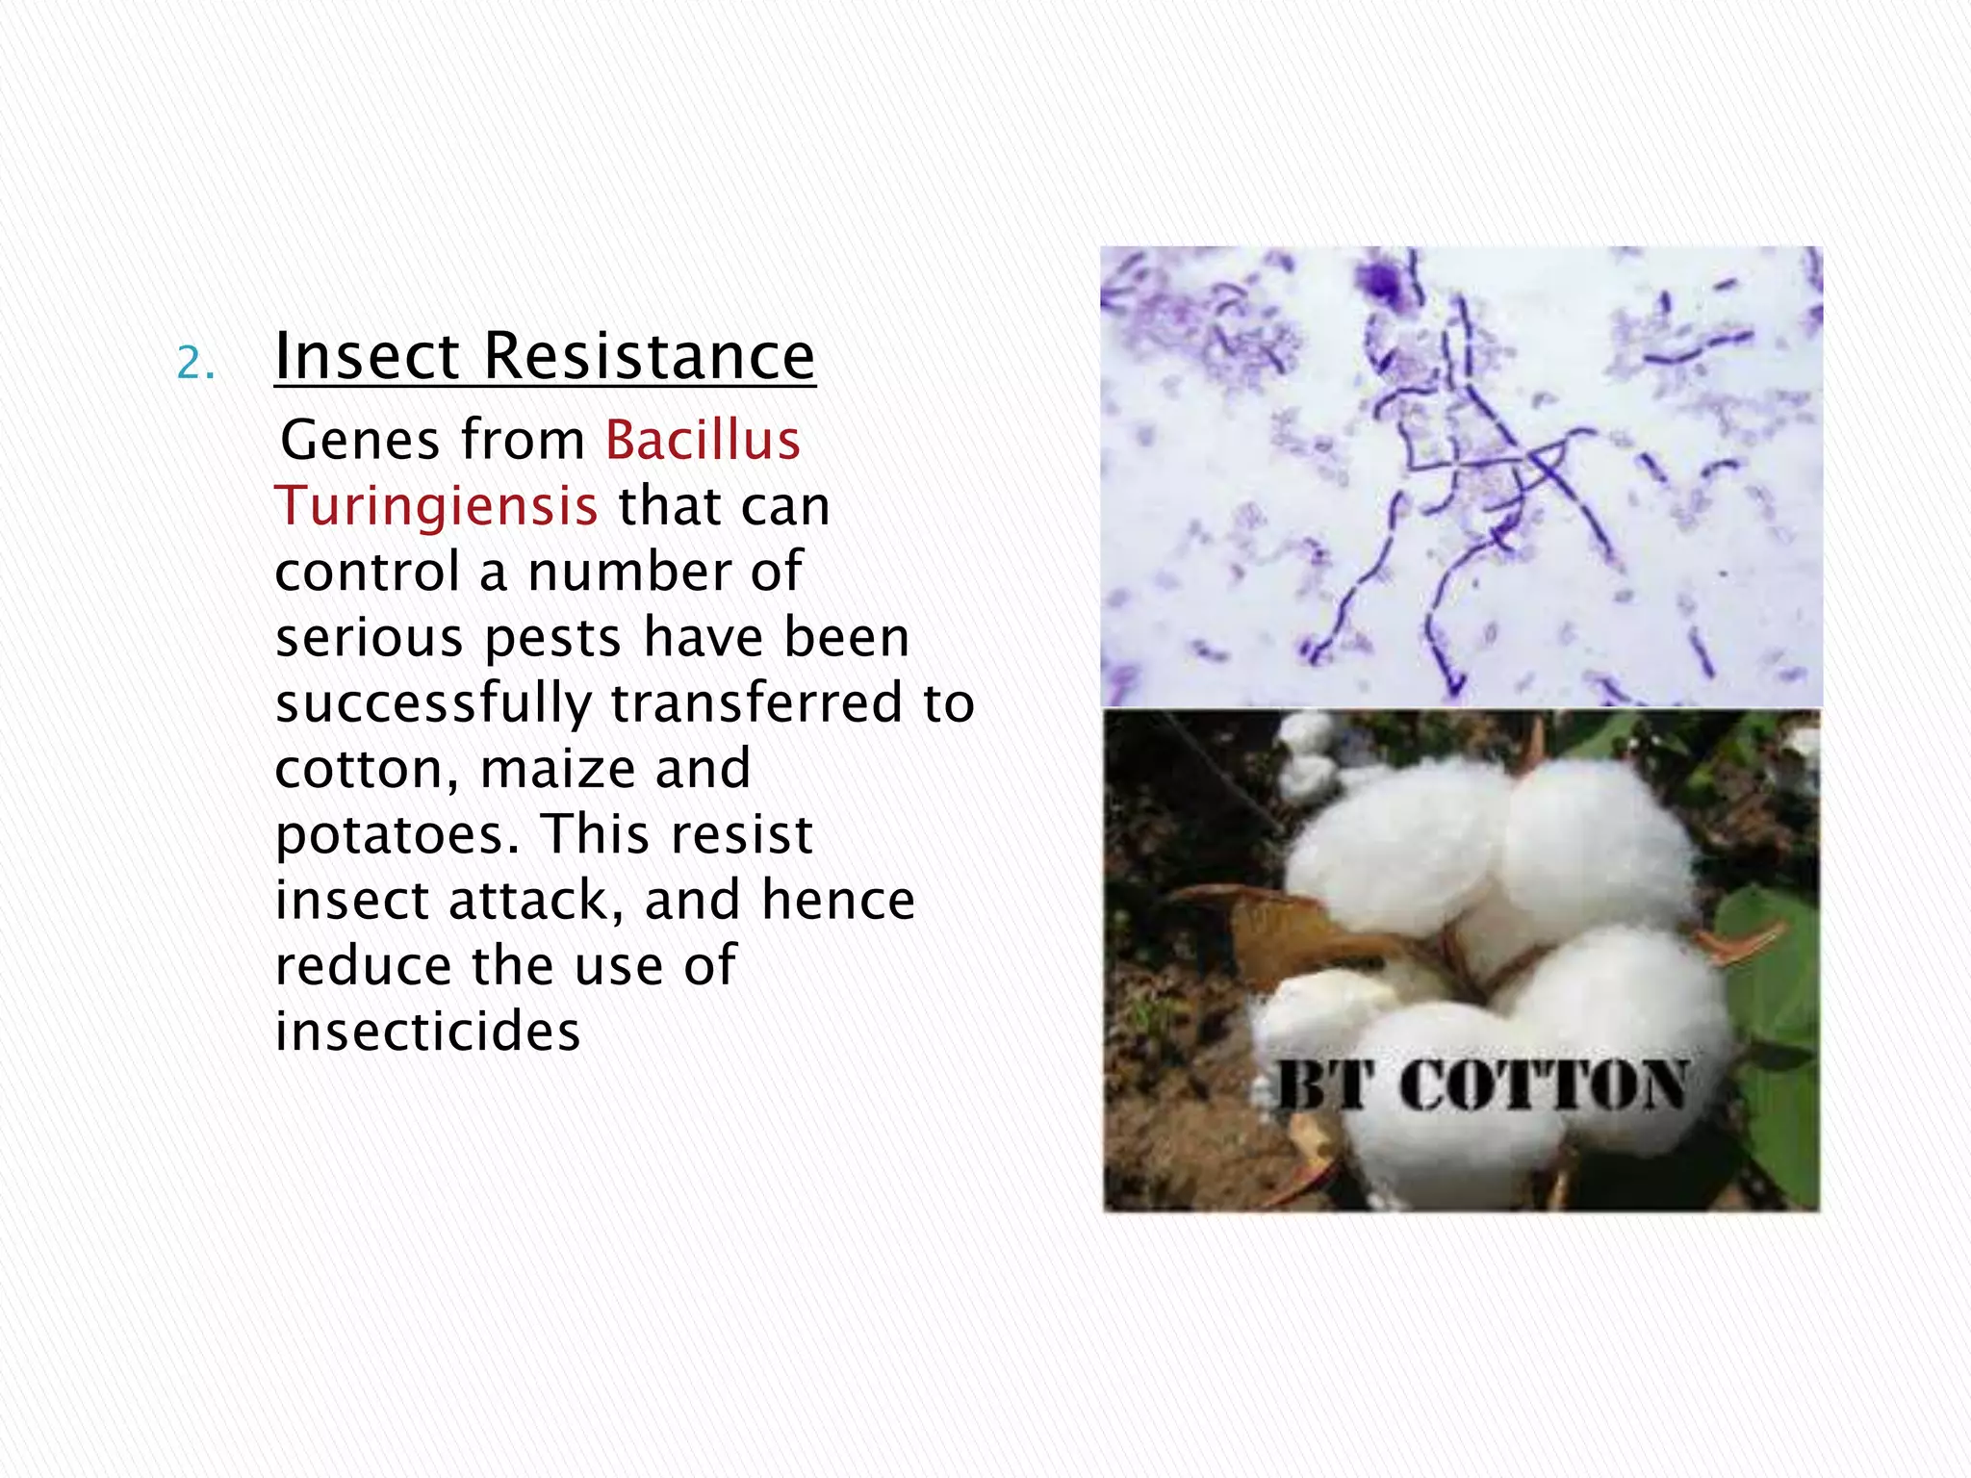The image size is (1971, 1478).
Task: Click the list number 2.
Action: [195, 364]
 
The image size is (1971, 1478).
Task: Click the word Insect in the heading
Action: [367, 356]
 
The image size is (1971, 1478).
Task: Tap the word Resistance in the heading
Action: [650, 356]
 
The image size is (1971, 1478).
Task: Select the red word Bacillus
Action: [703, 441]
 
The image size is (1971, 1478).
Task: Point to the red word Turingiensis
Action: [436, 506]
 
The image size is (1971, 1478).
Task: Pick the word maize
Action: [558, 769]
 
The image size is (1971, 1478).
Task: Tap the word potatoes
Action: [397, 835]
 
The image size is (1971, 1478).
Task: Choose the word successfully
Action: [432, 703]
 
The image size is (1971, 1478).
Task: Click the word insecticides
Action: [428, 1032]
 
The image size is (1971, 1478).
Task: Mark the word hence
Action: [837, 901]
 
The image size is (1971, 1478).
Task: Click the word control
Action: [367, 573]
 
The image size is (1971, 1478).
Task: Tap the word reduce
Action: [364, 966]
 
